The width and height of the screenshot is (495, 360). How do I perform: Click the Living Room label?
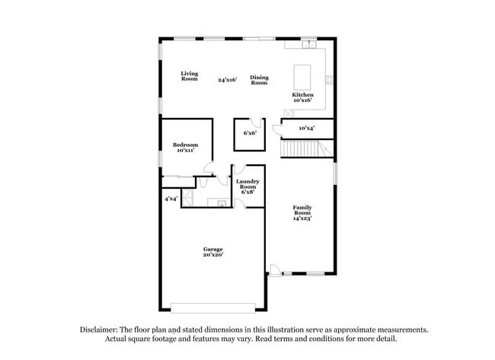189,76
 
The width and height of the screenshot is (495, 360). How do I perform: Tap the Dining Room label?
259,79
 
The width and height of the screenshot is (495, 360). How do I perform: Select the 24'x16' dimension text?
227,79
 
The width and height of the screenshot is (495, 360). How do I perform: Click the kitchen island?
302,76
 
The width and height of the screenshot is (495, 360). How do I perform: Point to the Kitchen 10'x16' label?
302,97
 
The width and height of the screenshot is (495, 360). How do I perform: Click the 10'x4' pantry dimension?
307,128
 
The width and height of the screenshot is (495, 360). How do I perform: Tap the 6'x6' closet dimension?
250,133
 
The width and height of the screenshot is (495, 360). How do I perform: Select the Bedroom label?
185,145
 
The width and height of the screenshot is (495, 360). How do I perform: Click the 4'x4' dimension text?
171,199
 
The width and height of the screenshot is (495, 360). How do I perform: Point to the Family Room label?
302,210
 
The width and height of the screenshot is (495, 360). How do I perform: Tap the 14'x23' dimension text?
302,218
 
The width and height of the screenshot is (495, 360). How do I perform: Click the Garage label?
212,249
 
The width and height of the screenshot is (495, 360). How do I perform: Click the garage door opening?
212,307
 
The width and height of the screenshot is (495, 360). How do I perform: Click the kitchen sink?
309,45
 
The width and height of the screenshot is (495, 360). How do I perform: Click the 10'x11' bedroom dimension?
185,151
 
